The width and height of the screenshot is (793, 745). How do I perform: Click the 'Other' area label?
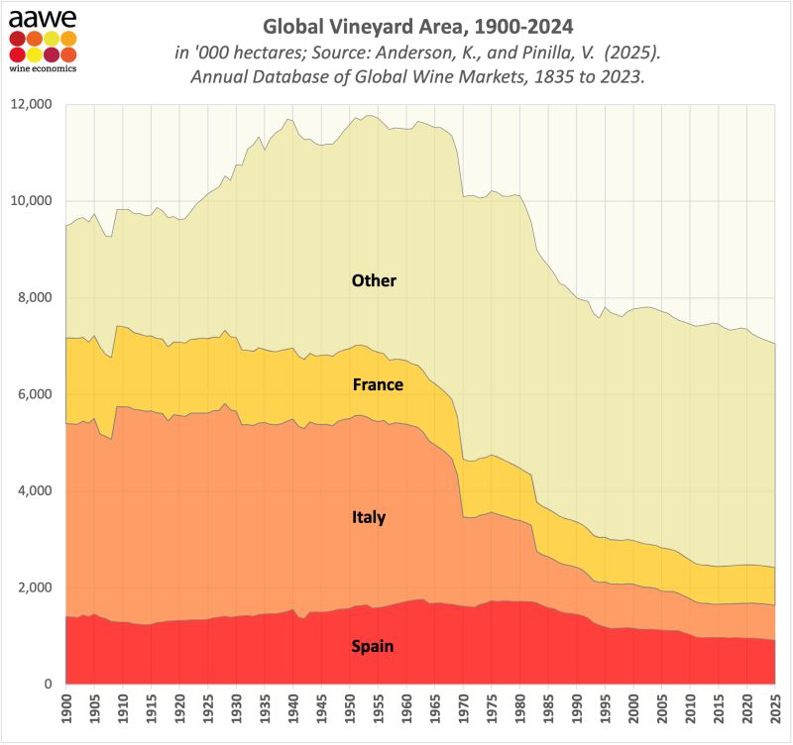pos(374,281)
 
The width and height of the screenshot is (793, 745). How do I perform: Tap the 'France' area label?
pos(378,384)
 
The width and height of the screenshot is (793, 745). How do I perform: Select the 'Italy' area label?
pos(369,517)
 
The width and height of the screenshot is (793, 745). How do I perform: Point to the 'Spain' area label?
pos(373,648)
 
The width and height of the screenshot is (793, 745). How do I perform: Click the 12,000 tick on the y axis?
pos(32,105)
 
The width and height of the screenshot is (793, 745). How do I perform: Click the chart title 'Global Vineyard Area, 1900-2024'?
pos(418,23)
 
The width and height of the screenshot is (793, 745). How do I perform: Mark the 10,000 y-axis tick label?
pos(32,201)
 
